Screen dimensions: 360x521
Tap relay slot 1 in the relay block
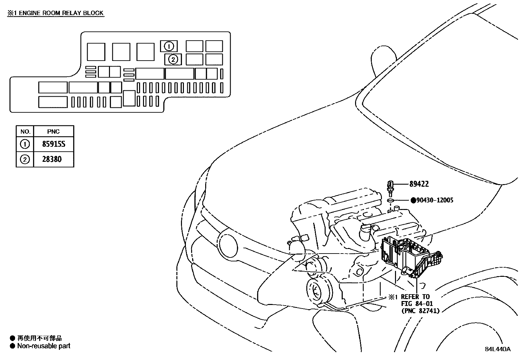[169, 46]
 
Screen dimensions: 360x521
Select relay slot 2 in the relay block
[173, 59]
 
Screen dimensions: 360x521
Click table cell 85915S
[54, 144]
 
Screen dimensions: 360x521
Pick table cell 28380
[52, 160]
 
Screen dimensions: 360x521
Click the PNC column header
[53, 132]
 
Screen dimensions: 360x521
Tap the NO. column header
[25, 132]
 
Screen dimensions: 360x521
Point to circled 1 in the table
[25, 144]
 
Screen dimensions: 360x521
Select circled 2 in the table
[25, 160]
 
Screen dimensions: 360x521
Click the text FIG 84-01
[417, 304]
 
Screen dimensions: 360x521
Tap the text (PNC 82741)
[421, 311]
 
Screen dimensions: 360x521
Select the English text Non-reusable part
[44, 346]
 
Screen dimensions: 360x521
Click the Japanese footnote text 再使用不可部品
[40, 338]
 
